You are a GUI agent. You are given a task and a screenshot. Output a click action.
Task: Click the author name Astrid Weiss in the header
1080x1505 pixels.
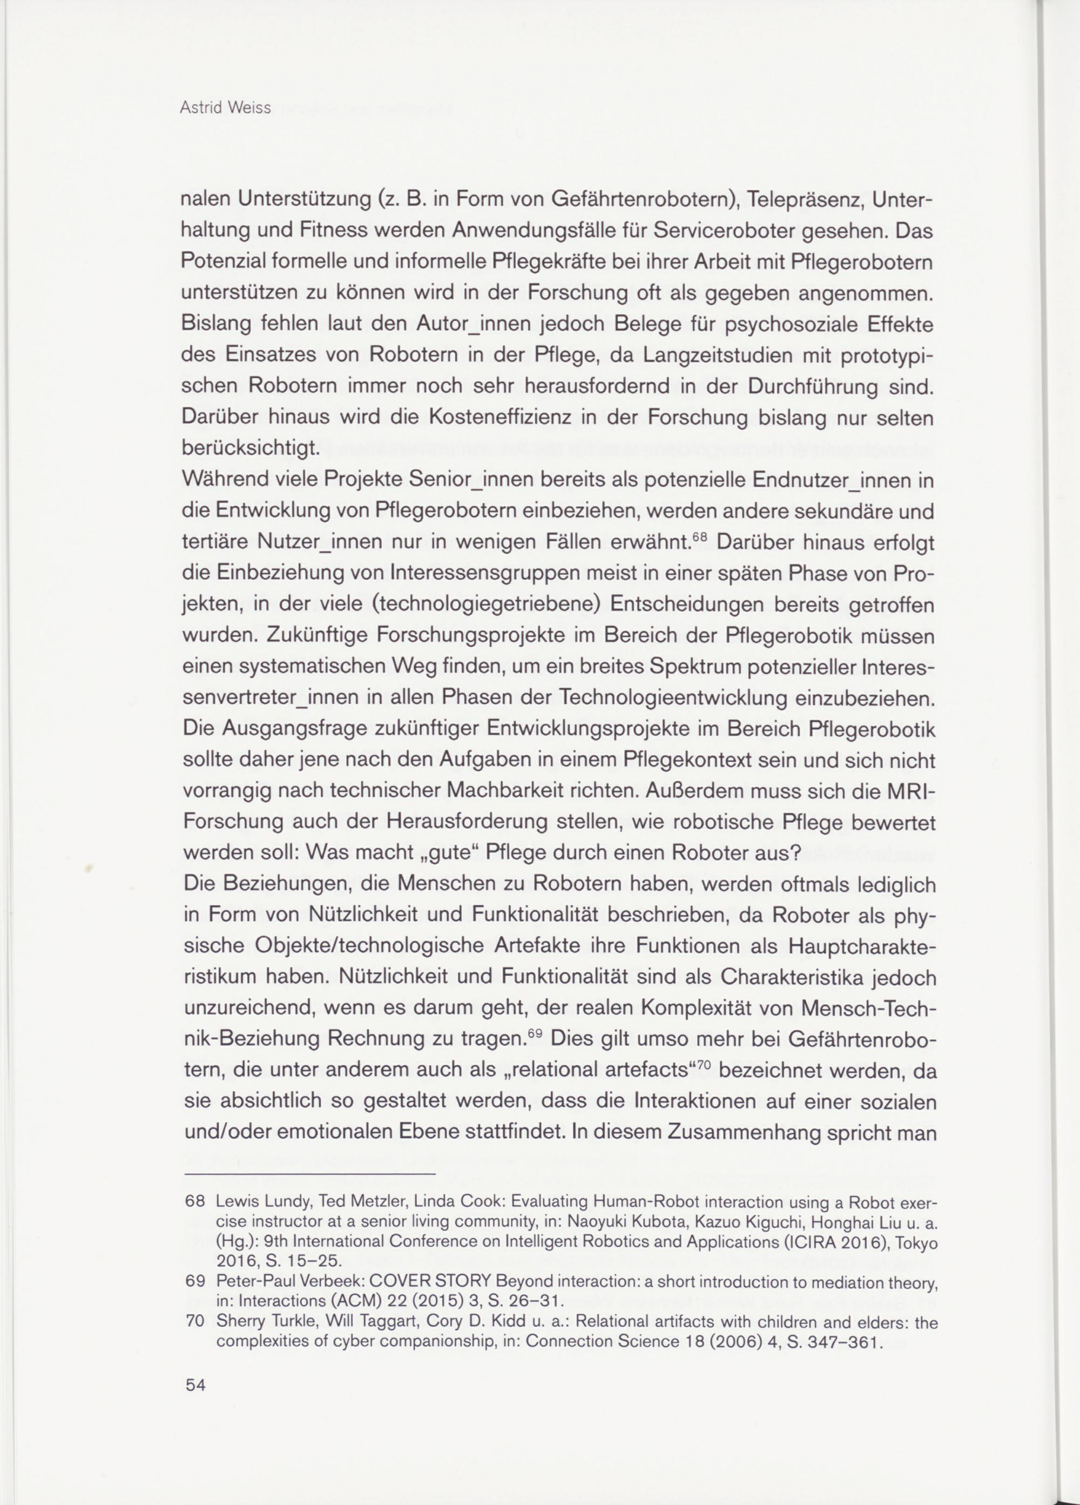[226, 108]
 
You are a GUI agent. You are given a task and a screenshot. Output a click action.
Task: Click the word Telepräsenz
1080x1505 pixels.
[784, 199]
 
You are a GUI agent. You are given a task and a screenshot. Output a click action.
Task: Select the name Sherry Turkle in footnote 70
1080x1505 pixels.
[256, 1322]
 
